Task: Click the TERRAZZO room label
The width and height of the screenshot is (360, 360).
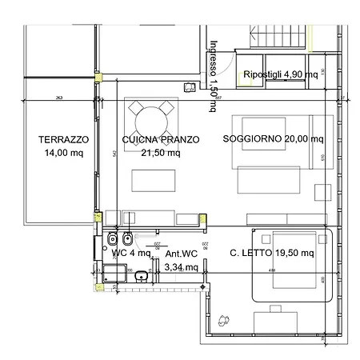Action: (63, 139)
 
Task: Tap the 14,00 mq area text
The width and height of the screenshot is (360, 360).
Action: (63, 153)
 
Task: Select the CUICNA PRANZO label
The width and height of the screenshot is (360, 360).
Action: (160, 139)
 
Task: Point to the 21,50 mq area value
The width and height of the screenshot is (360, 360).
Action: (160, 153)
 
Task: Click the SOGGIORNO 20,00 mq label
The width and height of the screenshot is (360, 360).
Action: (274, 139)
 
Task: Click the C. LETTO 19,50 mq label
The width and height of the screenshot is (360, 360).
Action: (272, 253)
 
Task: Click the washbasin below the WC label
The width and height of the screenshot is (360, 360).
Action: (141, 277)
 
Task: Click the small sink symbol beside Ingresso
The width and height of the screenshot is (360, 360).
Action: (190, 87)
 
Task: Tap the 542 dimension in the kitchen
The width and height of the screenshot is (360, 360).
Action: (116, 153)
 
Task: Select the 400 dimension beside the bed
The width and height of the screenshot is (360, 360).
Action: (322, 280)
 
